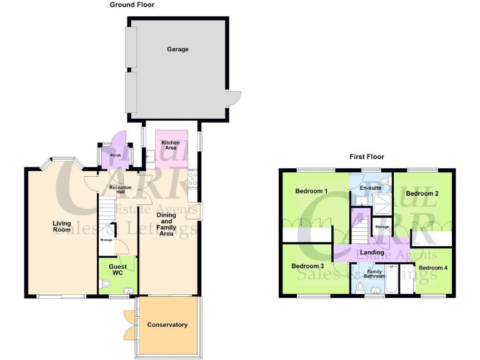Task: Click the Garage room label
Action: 177,49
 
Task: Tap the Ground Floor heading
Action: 132,5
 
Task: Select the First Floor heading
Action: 367,157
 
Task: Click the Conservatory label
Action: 167,325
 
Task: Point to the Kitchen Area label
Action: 171,146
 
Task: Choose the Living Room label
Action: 62,226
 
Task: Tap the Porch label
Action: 115,156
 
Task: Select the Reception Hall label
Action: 119,190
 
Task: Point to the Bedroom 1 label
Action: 312,191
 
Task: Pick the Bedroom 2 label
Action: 422,194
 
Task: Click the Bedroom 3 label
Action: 307,266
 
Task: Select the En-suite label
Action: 371,187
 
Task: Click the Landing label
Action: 372,252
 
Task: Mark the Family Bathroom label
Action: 374,272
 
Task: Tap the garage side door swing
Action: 234,99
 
